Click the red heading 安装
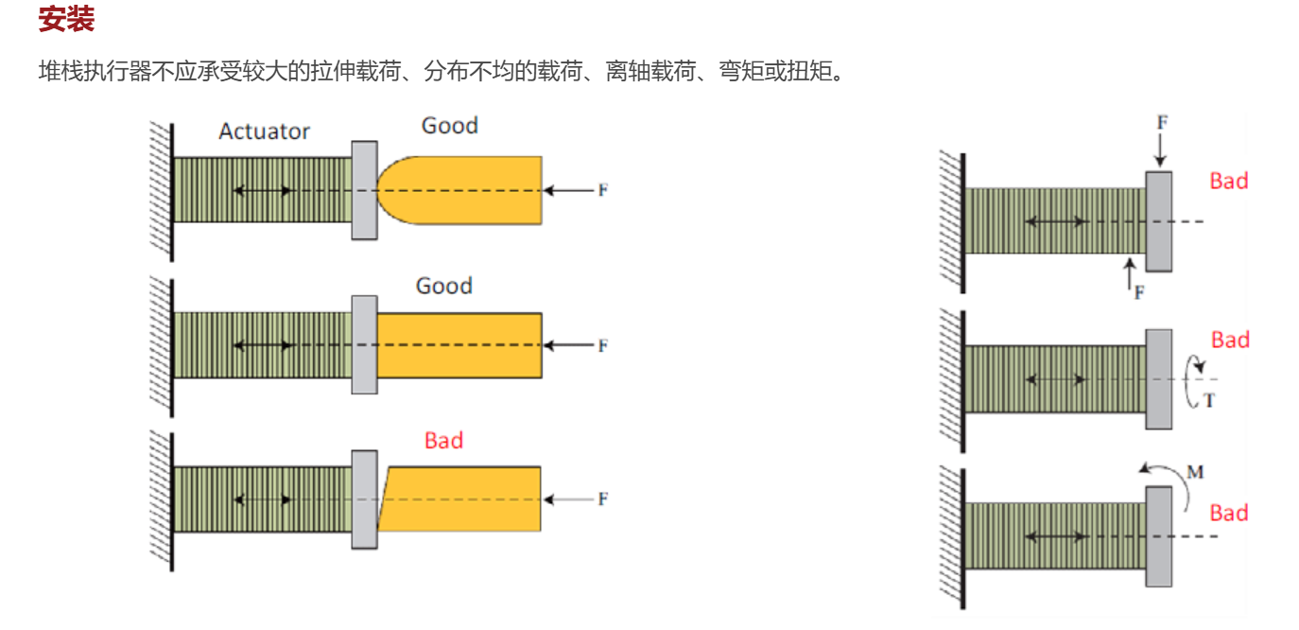(66, 19)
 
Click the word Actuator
(264, 131)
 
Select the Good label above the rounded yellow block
(449, 125)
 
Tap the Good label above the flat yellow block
(444, 286)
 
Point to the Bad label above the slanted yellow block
(443, 440)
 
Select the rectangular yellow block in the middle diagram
(459, 345)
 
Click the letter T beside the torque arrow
(1209, 400)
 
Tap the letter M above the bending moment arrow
(1195, 472)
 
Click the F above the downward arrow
(1162, 122)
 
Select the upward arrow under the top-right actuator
(1130, 273)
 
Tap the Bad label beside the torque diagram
(1230, 340)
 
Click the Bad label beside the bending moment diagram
(1229, 513)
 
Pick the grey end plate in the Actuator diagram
(365, 190)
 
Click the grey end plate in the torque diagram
(1159, 379)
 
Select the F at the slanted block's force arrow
(603, 499)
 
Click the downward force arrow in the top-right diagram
(1160, 150)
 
